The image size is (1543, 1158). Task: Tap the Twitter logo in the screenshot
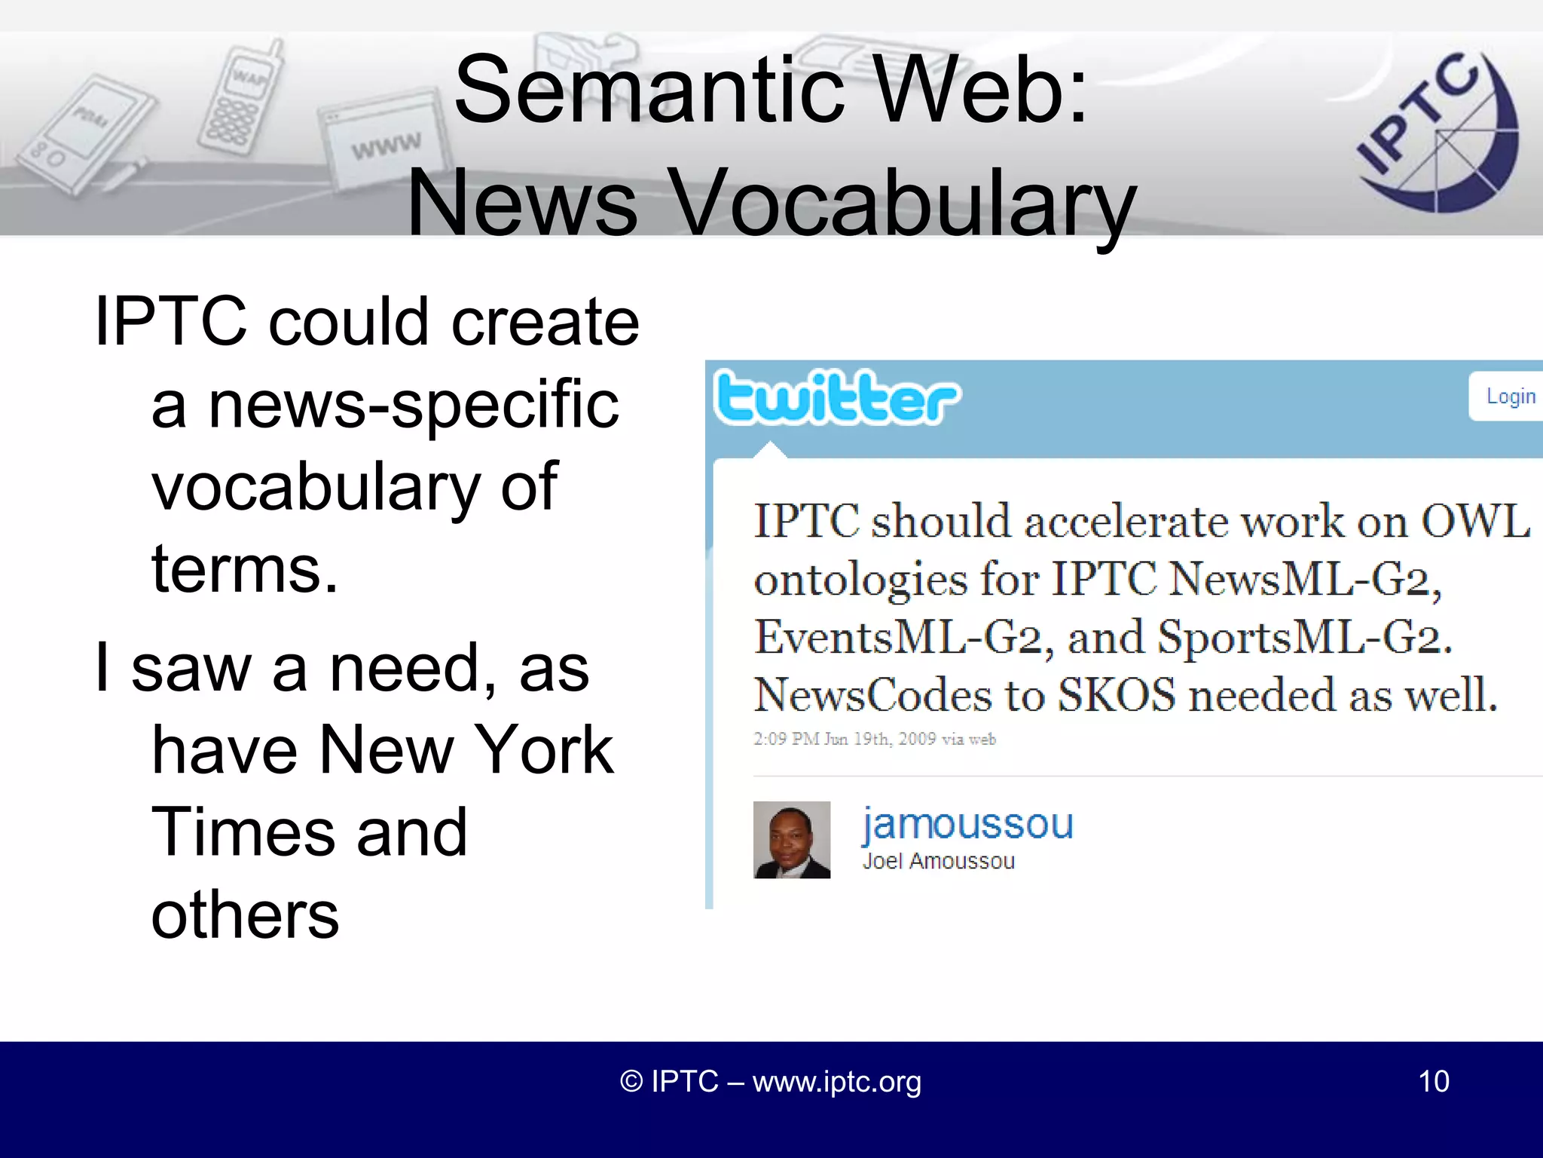point(837,397)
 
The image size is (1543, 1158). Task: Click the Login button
point(1509,397)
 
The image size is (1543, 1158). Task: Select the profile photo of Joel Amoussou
point(792,840)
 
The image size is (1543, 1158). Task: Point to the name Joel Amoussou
point(939,861)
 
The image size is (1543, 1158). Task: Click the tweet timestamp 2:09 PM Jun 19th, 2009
point(874,739)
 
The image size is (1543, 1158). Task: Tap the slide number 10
point(1433,1081)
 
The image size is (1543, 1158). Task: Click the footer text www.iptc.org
point(836,1082)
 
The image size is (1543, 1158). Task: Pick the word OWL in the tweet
point(1475,521)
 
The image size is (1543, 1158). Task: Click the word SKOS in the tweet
point(1116,695)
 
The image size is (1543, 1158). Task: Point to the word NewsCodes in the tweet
point(872,695)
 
